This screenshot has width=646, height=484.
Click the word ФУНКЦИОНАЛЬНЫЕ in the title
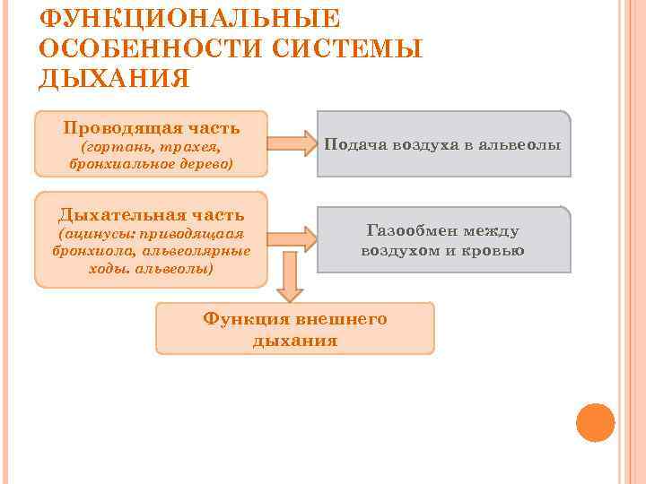point(190,19)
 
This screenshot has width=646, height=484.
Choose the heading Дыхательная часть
point(151,214)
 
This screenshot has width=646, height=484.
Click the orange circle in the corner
point(595,422)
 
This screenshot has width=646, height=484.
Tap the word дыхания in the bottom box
point(295,341)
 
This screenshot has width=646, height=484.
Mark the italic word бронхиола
point(89,252)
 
